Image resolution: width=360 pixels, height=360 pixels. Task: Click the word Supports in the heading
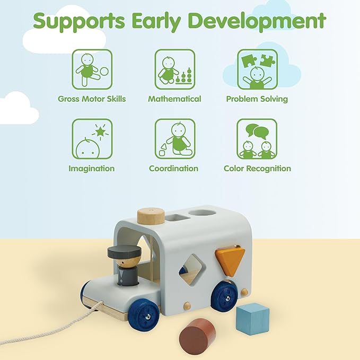[79, 21]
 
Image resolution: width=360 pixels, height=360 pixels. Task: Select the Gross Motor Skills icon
[92, 69]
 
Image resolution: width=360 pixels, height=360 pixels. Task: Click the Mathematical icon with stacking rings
[175, 69]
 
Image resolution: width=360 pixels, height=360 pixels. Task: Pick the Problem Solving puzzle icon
[257, 69]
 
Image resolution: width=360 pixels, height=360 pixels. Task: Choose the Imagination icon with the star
[92, 139]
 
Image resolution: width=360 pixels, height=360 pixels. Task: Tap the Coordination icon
[175, 139]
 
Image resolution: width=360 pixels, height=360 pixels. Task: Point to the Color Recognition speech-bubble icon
[257, 139]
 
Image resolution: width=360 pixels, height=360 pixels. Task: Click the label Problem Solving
[257, 99]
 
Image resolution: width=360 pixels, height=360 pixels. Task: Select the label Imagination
[92, 169]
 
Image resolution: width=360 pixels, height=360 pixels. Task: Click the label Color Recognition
[257, 169]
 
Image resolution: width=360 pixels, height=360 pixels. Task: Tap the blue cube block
[252, 318]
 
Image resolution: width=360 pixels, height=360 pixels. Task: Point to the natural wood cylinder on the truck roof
[151, 216]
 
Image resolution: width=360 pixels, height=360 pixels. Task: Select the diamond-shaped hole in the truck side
[192, 269]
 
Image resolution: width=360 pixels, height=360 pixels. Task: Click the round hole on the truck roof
[203, 213]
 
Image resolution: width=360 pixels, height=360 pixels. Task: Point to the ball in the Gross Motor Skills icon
[104, 72]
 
